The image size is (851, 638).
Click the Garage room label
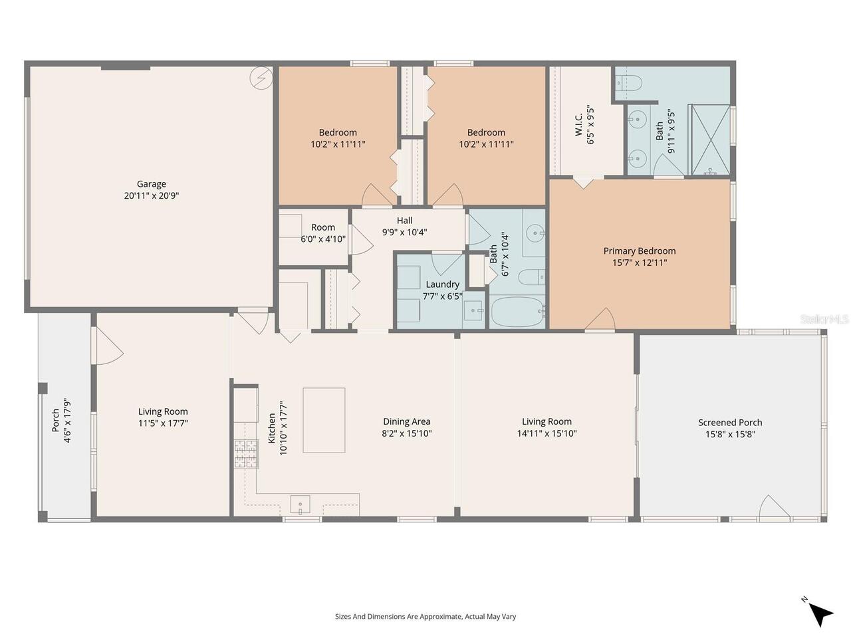[152, 184]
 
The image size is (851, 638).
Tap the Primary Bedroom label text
[639, 251]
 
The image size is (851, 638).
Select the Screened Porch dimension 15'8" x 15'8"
[730, 435]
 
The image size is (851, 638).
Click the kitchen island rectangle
[324, 420]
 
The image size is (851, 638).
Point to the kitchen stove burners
[245, 455]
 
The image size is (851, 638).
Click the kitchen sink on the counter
[300, 504]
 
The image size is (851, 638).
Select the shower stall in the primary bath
[709, 140]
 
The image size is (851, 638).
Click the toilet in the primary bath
[629, 83]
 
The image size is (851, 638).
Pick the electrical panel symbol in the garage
[261, 78]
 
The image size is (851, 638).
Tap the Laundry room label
[442, 284]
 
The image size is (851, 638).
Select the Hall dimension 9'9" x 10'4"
[404, 233]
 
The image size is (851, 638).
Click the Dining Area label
[406, 421]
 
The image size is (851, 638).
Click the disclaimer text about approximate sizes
[425, 617]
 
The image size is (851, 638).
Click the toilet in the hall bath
[531, 276]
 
